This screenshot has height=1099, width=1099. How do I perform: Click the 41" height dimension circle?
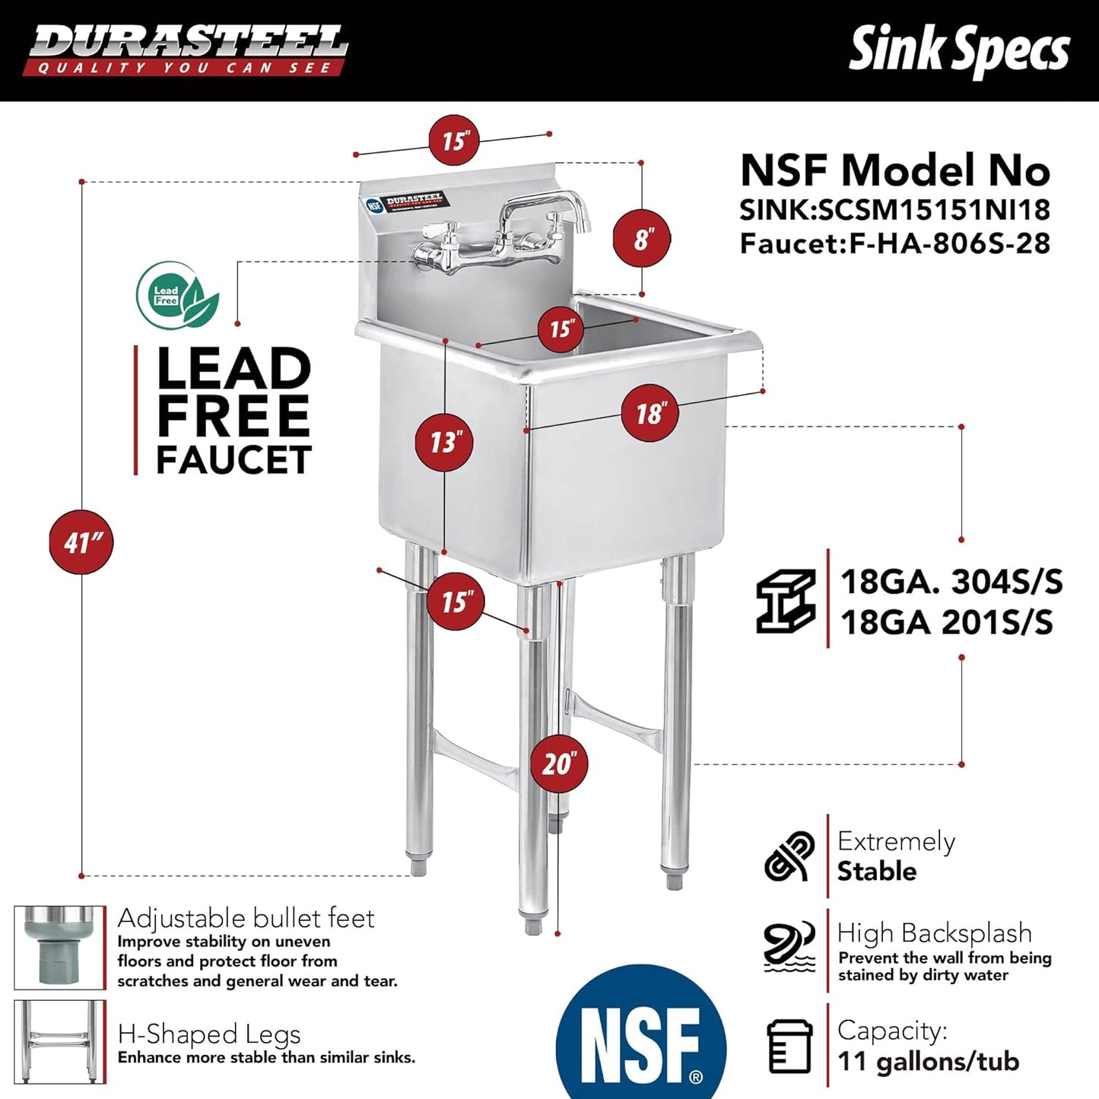tap(81, 542)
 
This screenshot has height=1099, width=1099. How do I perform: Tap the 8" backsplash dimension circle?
tap(642, 239)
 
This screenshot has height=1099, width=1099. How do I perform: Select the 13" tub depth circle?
tap(444, 442)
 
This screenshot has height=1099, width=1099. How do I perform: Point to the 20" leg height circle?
tap(558, 763)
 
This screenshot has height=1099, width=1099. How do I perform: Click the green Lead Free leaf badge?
tap(177, 296)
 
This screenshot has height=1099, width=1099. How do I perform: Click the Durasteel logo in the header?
tap(186, 49)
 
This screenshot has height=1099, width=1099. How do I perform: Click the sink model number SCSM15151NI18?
tap(933, 209)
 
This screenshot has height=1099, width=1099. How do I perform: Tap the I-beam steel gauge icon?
tap(786, 602)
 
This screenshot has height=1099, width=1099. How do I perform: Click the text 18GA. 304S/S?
tap(951, 583)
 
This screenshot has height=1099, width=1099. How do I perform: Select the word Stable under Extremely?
tap(876, 871)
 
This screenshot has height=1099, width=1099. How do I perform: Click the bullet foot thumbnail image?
tap(59, 947)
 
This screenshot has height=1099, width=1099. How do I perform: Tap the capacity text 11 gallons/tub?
tap(928, 1061)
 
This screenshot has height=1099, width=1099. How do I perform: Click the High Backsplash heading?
tap(934, 932)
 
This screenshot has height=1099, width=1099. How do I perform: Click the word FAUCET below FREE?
tap(233, 459)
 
